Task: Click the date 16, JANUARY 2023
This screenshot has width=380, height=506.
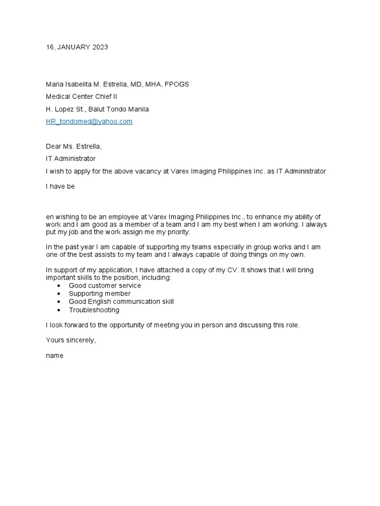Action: click(77, 47)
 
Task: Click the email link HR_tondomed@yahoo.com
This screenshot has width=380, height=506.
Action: click(89, 122)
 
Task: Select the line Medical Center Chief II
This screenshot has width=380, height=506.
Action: click(81, 97)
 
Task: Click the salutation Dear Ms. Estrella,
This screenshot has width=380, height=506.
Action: click(74, 147)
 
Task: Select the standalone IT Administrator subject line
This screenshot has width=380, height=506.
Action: click(71, 159)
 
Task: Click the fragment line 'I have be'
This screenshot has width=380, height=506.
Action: click(60, 187)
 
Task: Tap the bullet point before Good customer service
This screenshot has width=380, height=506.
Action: click(59, 286)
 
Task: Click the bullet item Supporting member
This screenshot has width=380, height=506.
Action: click(99, 294)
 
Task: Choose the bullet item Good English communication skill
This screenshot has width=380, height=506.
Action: click(121, 302)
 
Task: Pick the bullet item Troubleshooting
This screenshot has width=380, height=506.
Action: click(94, 310)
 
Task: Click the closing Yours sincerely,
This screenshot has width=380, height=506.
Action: click(71, 340)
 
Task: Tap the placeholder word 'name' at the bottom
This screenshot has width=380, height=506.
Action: click(54, 356)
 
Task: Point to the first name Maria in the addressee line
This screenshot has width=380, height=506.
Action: click(55, 84)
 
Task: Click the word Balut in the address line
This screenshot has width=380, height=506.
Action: click(97, 109)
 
